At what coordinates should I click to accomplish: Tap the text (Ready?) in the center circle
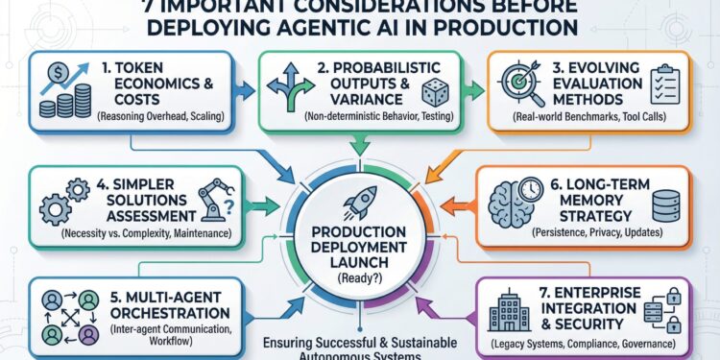coord(359,279)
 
